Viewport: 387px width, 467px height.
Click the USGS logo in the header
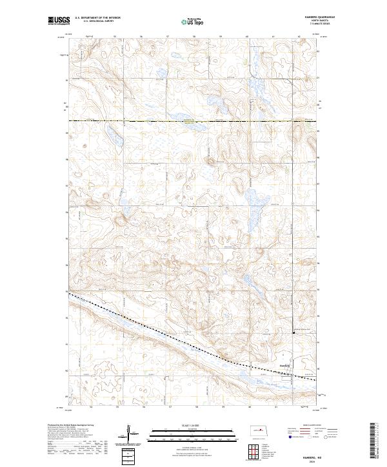59,21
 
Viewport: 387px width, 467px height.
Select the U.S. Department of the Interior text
96,18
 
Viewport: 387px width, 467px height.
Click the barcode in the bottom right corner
377,441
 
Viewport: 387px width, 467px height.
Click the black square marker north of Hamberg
295,333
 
